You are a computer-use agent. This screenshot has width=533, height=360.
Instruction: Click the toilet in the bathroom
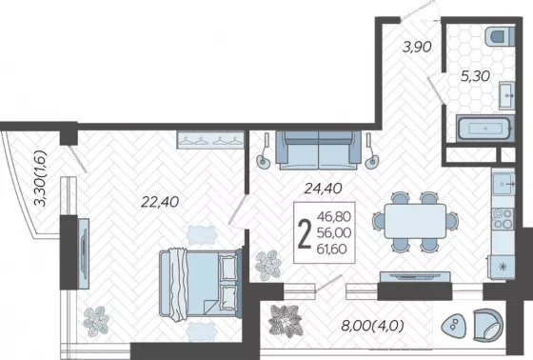click(500, 37)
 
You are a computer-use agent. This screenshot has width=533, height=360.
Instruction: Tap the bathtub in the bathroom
click(484, 129)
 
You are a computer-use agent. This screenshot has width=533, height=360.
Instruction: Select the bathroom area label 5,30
click(475, 76)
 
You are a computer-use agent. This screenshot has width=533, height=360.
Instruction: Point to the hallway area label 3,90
click(417, 47)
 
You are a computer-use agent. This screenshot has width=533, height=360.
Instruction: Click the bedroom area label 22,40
click(160, 202)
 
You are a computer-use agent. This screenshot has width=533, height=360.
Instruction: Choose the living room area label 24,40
click(323, 189)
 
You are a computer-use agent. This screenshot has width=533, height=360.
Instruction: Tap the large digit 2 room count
click(305, 233)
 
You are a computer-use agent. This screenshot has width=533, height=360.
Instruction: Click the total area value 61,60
click(332, 250)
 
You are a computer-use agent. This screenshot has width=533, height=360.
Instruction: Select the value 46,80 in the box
click(333, 216)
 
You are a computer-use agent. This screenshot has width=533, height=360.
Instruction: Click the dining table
click(415, 221)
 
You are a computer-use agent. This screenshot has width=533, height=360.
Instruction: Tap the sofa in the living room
click(319, 150)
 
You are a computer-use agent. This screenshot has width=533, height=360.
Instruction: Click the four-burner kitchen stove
click(503, 218)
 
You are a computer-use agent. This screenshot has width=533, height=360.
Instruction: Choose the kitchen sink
click(503, 184)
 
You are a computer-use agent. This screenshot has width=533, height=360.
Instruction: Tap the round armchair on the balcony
click(487, 325)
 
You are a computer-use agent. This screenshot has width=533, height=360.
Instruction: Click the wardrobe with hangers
click(210, 140)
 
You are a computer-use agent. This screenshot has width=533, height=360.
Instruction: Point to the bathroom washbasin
click(506, 95)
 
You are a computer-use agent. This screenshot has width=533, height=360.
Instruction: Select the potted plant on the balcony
click(286, 321)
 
